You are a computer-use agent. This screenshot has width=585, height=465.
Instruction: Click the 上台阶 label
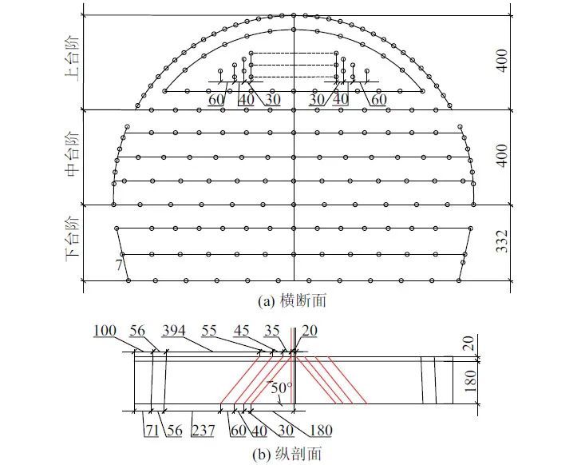click(73, 58)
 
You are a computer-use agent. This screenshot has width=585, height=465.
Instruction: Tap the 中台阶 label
click(73, 153)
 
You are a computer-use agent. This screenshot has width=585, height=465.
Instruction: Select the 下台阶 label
click(73, 239)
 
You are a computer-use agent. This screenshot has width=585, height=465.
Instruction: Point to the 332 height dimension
click(502, 241)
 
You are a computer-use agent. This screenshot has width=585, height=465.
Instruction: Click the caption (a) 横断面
click(292, 300)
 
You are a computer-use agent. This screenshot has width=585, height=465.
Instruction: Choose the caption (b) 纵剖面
click(287, 454)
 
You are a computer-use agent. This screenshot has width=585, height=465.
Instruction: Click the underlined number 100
click(105, 331)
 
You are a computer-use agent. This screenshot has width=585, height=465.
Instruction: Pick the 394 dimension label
click(173, 331)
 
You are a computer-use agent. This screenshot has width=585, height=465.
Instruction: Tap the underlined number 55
click(209, 331)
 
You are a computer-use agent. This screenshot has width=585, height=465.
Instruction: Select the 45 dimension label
click(241, 331)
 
